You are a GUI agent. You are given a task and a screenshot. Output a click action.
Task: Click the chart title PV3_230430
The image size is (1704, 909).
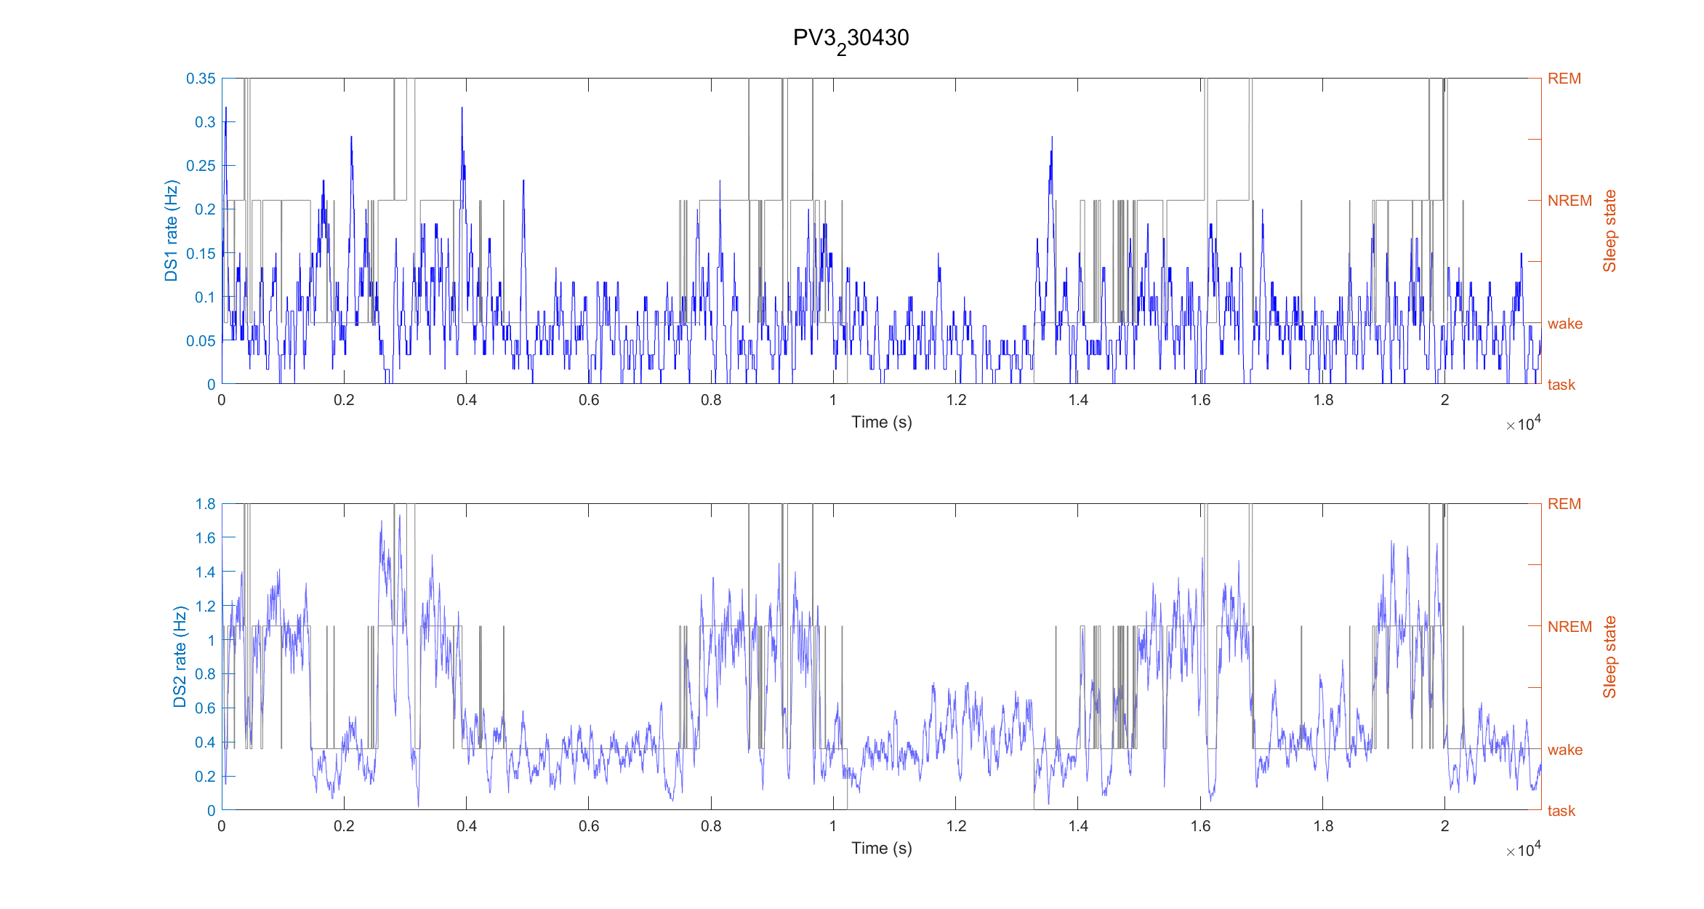pos(851,39)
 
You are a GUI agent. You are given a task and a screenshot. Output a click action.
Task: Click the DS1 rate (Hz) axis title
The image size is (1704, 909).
pos(171,231)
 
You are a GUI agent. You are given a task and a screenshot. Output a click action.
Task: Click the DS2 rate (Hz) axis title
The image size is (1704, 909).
pos(180,657)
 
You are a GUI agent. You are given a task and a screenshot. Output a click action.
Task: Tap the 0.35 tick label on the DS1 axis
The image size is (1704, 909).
pos(201,79)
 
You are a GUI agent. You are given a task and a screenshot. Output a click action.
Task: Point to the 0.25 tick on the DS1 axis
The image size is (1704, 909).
pos(201,166)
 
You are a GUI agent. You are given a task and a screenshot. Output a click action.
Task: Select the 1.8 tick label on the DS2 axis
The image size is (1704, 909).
pos(205,504)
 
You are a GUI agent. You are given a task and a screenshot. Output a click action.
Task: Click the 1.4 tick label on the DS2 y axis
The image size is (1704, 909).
pos(205,572)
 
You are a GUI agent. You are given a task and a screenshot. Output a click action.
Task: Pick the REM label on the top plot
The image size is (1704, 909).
pos(1564,79)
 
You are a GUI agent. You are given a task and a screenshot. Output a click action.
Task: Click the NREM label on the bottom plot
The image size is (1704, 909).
pos(1569,627)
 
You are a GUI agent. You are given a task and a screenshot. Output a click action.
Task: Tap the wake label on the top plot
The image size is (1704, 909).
pos(1564,324)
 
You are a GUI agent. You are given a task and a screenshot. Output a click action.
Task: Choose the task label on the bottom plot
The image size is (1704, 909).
pos(1561,811)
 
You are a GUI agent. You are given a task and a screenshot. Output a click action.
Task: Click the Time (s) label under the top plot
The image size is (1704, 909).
pos(881,423)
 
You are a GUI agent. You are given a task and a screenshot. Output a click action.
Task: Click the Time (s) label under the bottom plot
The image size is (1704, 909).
pos(881,849)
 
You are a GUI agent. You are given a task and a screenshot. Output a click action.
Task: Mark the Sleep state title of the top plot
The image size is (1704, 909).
pos(1609,231)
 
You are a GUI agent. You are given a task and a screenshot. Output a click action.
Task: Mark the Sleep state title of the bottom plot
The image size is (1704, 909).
pos(1609,657)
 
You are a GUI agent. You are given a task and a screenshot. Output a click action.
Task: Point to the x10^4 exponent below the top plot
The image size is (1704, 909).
pos(1523,424)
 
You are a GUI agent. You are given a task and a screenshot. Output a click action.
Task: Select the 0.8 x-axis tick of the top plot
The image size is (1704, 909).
pos(711,400)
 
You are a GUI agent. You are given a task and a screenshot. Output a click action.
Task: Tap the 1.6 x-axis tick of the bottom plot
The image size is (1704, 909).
pos(1200,826)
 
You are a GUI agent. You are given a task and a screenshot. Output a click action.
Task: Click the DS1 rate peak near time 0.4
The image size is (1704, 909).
pos(462,109)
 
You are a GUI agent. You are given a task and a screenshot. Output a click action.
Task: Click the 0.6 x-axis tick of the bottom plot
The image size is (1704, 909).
pos(589,826)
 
